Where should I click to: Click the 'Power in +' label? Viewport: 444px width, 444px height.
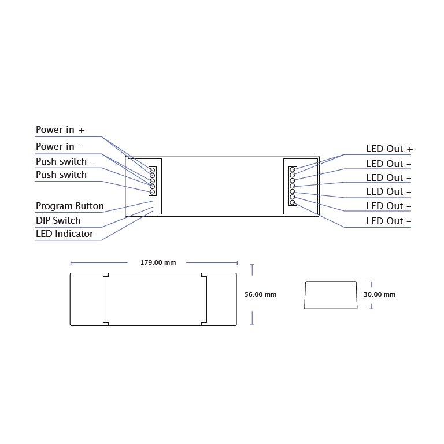[60, 130]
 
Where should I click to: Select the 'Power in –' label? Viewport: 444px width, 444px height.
[59, 147]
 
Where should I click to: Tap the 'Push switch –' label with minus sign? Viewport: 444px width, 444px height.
[65, 162]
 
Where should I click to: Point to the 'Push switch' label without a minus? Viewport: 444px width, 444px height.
[61, 175]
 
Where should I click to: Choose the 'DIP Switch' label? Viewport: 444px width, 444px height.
[58, 221]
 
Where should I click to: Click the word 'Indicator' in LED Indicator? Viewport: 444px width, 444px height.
[74, 234]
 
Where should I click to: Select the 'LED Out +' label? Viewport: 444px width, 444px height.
[389, 149]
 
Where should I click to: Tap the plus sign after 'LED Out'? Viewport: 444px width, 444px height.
[409, 149]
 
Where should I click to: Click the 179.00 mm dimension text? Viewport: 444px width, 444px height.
[158, 262]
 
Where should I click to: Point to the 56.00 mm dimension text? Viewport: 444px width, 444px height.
[260, 294]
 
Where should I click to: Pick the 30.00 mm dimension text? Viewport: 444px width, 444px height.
[379, 294]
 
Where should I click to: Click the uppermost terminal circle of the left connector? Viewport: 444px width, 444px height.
[153, 170]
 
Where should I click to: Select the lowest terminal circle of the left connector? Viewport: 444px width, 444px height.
[153, 192]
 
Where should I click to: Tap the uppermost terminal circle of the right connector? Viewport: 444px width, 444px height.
[293, 170]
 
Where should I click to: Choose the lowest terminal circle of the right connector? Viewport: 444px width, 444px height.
[293, 202]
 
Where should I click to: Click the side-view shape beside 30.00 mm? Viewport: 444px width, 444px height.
[331, 295]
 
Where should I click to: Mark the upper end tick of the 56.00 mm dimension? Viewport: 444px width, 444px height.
[252, 265]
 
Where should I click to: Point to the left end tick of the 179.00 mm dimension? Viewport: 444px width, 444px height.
[71, 262]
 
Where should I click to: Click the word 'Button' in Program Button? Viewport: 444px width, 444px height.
[90, 206]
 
